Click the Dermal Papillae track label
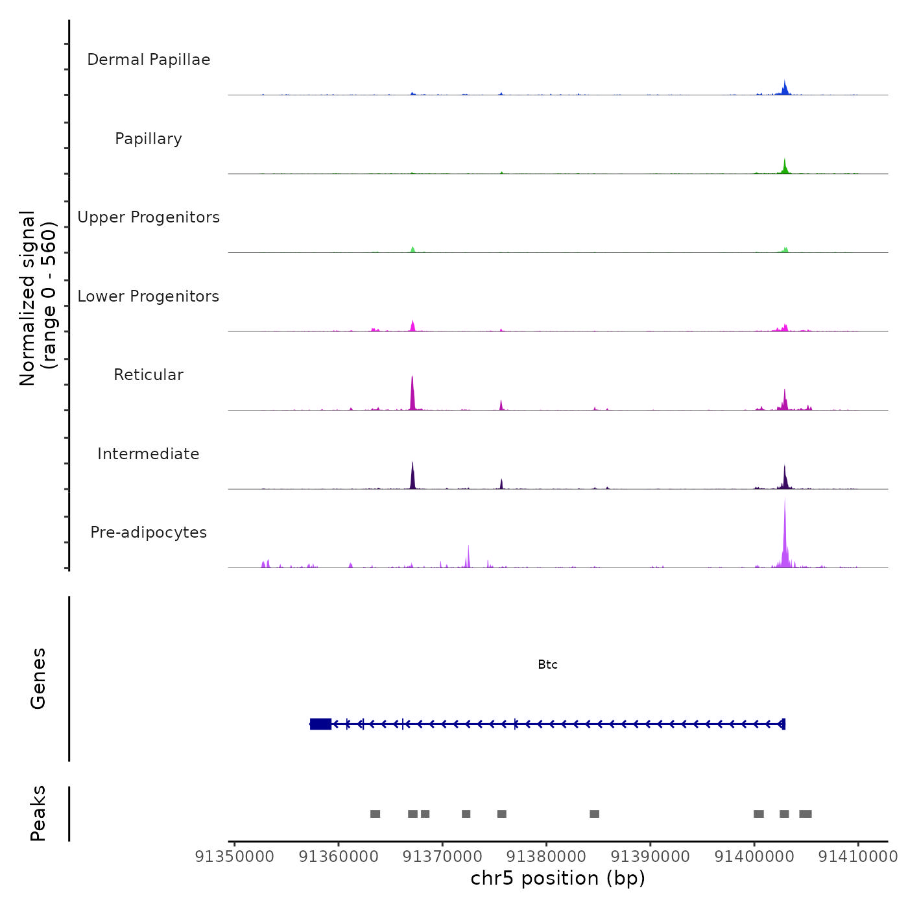pyautogui.click(x=149, y=60)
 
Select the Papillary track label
pyautogui.click(x=149, y=139)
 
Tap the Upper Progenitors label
pyautogui.click(x=149, y=217)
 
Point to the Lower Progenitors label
pyautogui.click(x=149, y=296)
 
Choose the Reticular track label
pyautogui.click(x=149, y=375)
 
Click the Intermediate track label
pyautogui.click(x=149, y=454)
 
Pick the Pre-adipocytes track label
pyautogui.click(x=149, y=532)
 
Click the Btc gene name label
pyautogui.click(x=547, y=665)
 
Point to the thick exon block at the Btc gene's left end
pyautogui.click(x=320, y=724)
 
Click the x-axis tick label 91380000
pyautogui.click(x=546, y=857)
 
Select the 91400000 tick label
pyautogui.click(x=754, y=857)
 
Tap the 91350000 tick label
pyautogui.click(x=234, y=857)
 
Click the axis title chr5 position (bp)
pyautogui.click(x=558, y=878)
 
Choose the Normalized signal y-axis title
pyautogui.click(x=38, y=298)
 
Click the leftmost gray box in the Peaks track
pyautogui.click(x=375, y=814)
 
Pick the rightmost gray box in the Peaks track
pyautogui.click(x=806, y=814)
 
